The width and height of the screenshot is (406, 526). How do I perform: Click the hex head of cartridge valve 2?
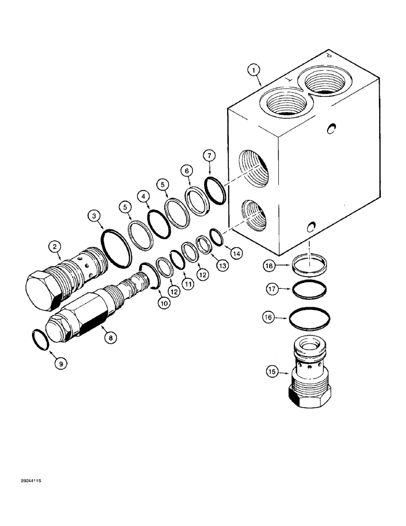coord(41,290)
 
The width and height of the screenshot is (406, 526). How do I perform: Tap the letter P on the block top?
coord(329,54)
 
